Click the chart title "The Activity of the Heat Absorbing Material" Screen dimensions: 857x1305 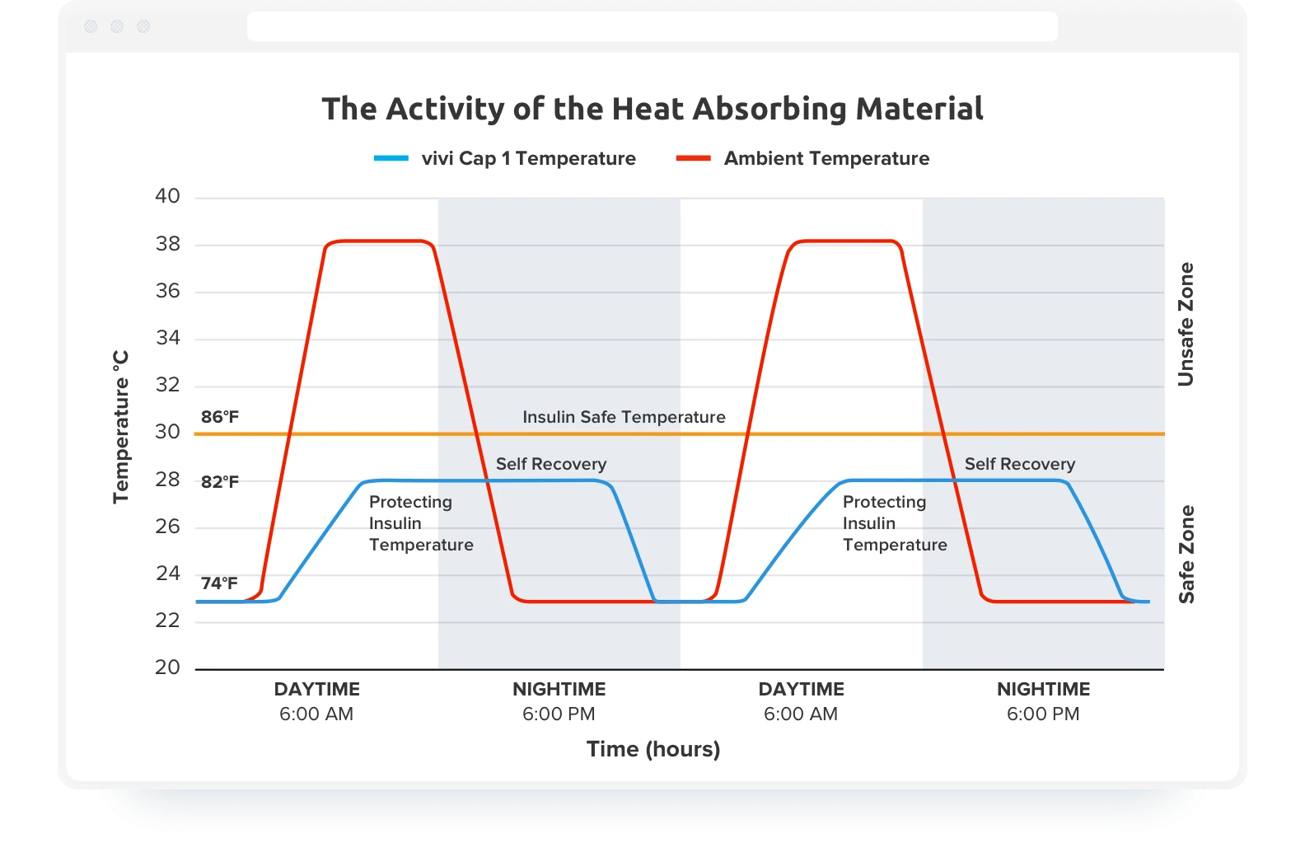(x=652, y=109)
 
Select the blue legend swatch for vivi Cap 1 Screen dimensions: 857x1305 (x=391, y=158)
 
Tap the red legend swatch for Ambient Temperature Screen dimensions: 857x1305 (x=693, y=158)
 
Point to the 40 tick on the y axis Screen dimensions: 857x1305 (x=167, y=196)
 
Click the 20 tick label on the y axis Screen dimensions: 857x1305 (x=167, y=667)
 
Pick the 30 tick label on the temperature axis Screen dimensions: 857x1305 (x=167, y=432)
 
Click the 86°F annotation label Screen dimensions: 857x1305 (x=220, y=417)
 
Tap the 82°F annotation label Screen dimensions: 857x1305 (x=220, y=482)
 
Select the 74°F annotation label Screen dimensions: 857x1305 (x=219, y=583)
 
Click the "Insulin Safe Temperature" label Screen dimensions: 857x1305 (x=624, y=417)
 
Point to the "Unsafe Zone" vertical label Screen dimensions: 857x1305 (x=1186, y=324)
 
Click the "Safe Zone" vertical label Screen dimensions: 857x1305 (x=1186, y=554)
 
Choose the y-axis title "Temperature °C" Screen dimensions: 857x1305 (x=121, y=427)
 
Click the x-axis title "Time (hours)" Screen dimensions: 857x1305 (x=652, y=749)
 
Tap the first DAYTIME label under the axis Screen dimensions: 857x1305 (x=316, y=689)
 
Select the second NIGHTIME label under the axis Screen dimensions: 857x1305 (x=1043, y=689)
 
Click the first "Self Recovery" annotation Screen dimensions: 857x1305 (x=550, y=464)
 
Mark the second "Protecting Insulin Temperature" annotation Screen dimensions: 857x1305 (x=895, y=523)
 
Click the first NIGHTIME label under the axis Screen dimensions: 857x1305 (x=559, y=689)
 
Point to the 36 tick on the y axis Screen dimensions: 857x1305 (x=167, y=291)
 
